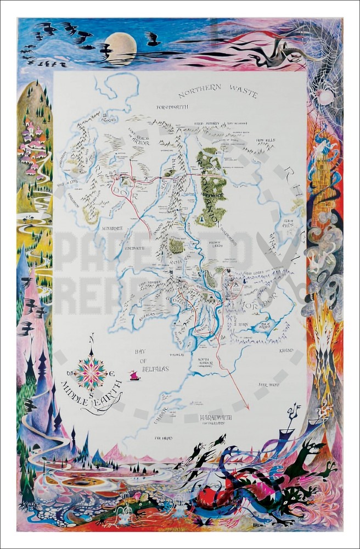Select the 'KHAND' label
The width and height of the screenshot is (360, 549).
click(285, 350)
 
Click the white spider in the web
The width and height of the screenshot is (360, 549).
click(325, 97)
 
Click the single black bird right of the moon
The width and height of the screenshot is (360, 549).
click(153, 39)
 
